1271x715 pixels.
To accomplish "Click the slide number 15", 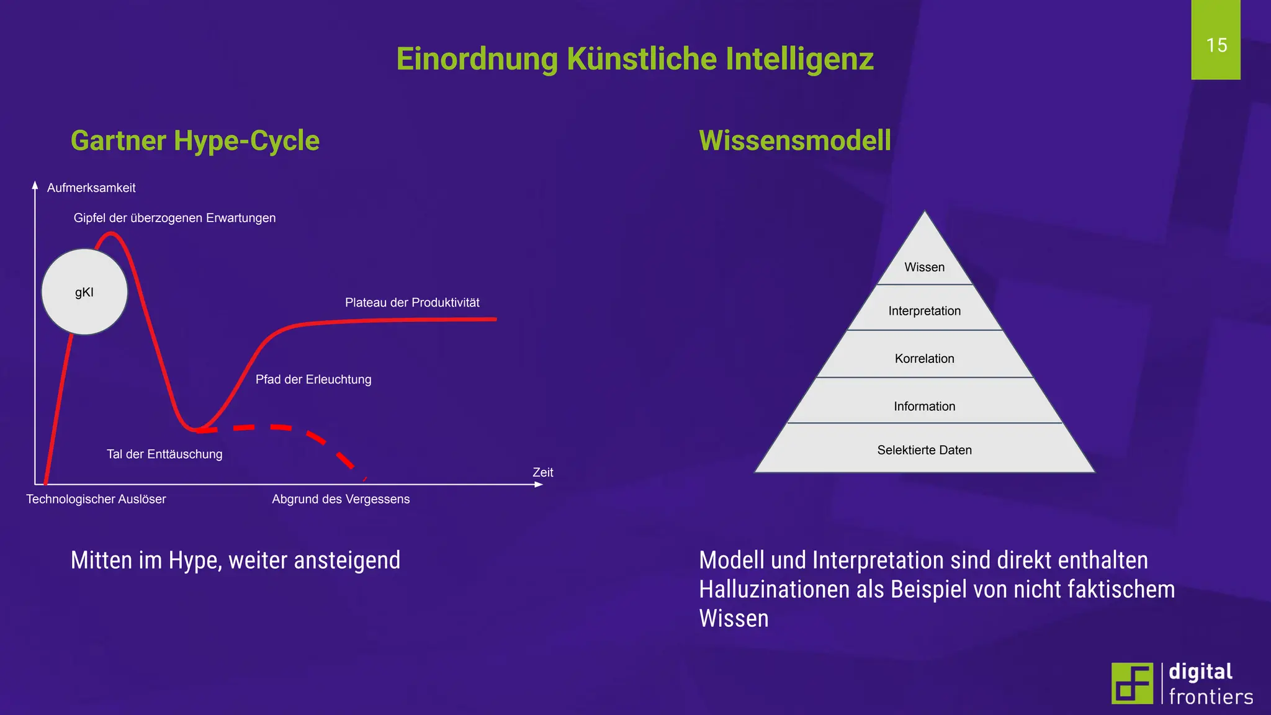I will click(1216, 45).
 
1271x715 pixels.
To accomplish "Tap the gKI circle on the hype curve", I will click(84, 292).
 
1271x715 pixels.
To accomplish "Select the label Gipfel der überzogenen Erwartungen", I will click(174, 218).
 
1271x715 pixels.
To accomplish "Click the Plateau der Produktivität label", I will click(412, 302).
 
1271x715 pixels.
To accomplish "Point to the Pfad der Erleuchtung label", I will click(313, 379).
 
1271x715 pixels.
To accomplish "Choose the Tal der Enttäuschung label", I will click(164, 454).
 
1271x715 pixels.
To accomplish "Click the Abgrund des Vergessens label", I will click(341, 499).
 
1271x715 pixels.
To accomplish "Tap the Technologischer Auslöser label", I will click(96, 499).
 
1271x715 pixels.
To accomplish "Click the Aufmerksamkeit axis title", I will click(91, 187).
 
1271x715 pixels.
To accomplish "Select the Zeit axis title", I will click(543, 472).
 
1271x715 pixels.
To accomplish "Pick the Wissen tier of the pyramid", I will click(925, 267).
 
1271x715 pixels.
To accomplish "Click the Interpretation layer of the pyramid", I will click(925, 310).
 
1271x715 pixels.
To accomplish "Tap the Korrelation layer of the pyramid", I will click(925, 358).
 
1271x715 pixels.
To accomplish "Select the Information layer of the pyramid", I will click(925, 406).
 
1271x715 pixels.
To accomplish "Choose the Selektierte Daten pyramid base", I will click(925, 450).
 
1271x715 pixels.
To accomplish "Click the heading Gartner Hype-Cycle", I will click(195, 140).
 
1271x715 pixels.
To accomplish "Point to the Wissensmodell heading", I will click(795, 140).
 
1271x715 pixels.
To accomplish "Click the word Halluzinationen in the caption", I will click(775, 589).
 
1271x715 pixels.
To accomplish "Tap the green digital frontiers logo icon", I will click(1132, 683).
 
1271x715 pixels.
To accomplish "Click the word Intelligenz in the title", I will click(799, 59).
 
